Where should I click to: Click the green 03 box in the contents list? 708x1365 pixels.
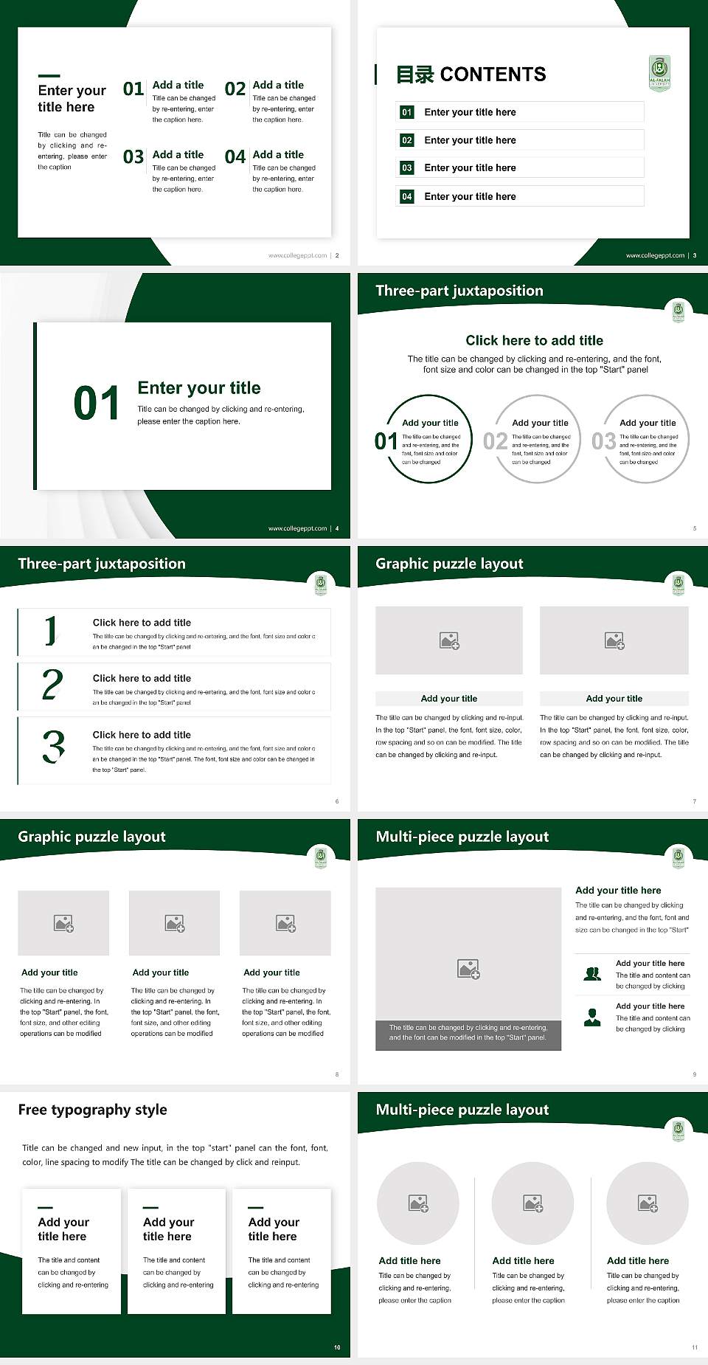pyautogui.click(x=407, y=168)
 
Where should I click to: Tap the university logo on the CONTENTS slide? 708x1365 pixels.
pyautogui.click(x=659, y=74)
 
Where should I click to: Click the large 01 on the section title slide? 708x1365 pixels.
pyautogui.click(x=97, y=404)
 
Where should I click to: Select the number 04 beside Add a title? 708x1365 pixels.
pyautogui.click(x=235, y=157)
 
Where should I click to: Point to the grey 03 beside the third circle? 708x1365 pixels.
pyautogui.click(x=603, y=441)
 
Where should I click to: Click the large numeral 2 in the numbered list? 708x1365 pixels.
pyautogui.click(x=52, y=685)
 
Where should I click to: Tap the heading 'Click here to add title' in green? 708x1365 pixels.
pyautogui.click(x=534, y=340)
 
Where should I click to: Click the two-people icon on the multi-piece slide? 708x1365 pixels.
pyautogui.click(x=592, y=974)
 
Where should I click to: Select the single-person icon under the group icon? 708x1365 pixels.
pyautogui.click(x=592, y=1017)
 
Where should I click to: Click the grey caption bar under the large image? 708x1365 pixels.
pyautogui.click(x=468, y=1032)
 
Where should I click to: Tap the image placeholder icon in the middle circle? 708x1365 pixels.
pyautogui.click(x=533, y=1203)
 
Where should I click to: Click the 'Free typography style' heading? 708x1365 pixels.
pyautogui.click(x=93, y=1110)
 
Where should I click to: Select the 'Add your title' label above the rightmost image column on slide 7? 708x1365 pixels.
pyautogui.click(x=614, y=698)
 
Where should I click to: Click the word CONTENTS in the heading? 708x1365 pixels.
pyautogui.click(x=493, y=75)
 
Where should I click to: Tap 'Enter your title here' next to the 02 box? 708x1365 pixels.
pyautogui.click(x=470, y=140)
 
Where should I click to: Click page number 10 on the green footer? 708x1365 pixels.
pyautogui.click(x=337, y=1347)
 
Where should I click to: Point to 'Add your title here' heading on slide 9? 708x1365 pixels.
pyautogui.click(x=618, y=891)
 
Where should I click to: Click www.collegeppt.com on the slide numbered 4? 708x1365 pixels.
pyautogui.click(x=297, y=528)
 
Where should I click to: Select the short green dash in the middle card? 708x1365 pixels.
pyautogui.click(x=150, y=1208)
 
